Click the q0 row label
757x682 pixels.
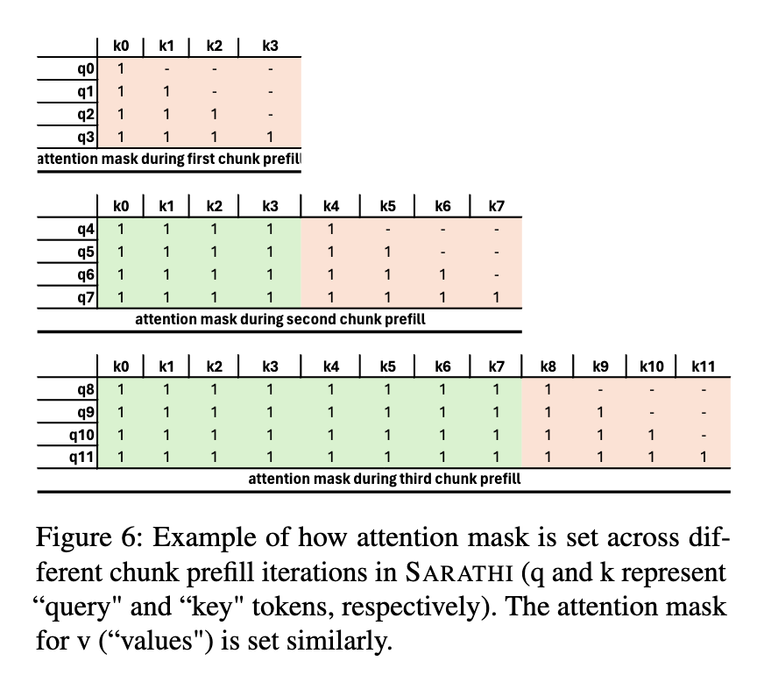[86, 68]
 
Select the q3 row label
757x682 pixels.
[86, 137]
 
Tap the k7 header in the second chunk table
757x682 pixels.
[497, 207]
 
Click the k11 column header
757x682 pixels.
[704, 366]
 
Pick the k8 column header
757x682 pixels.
[548, 366]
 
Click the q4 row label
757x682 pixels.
[86, 230]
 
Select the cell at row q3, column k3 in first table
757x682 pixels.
[271, 137]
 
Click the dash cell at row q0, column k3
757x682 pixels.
[271, 68]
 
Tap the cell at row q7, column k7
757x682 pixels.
[497, 297]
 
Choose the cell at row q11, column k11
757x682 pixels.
[704, 457]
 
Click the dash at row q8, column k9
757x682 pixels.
[600, 389]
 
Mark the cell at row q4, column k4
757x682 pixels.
[331, 230]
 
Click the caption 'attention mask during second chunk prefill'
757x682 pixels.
[280, 319]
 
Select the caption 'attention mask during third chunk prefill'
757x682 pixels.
[385, 479]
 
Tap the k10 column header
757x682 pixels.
[651, 366]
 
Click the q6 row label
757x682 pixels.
[86, 275]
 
